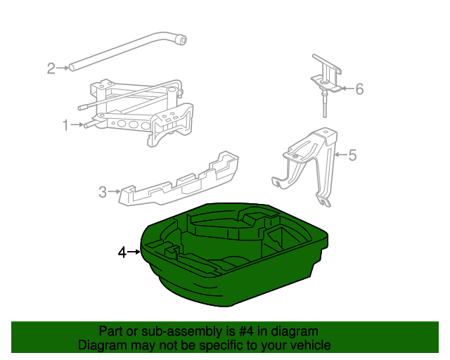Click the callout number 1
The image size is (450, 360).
coord(65,125)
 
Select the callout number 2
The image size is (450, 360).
coord(51,68)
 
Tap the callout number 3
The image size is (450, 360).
coord(103,192)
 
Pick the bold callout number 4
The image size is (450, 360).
coord(122,252)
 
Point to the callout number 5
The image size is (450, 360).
coord(352,155)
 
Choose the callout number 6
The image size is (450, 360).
coord(359,89)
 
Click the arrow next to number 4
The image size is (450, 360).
coord(134,252)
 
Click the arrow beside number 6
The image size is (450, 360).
coord(348,89)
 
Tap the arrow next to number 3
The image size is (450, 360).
coord(114,191)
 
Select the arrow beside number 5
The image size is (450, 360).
coord(341,155)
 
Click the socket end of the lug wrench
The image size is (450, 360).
coord(181,40)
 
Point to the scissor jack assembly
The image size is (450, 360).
coord(138,113)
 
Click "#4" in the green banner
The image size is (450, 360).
coord(246,332)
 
